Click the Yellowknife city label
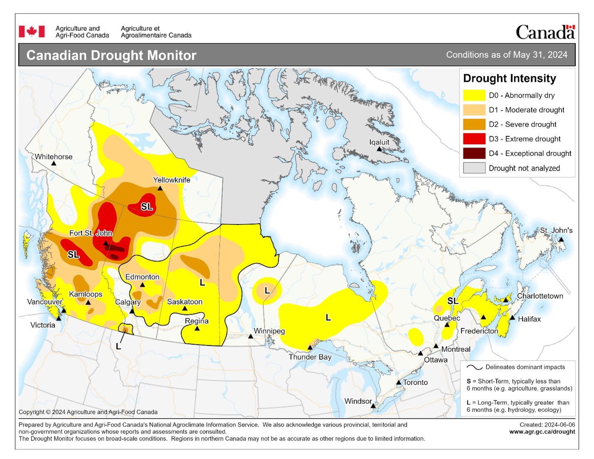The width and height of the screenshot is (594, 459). [x=172, y=180]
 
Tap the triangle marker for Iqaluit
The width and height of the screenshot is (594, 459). [x=379, y=149]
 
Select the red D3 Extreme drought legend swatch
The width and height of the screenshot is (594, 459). [x=474, y=139]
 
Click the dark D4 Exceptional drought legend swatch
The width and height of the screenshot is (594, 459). [x=474, y=153]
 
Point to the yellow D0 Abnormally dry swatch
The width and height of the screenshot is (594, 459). [x=474, y=95]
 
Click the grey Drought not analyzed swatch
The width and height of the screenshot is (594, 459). [x=474, y=168]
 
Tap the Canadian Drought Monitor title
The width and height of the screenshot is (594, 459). [x=111, y=55]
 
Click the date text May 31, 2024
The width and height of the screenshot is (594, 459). [x=540, y=55]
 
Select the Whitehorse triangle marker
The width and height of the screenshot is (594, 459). [x=54, y=163]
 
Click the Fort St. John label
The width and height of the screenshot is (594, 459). [x=91, y=233]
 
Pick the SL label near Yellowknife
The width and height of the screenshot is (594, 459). [x=147, y=206]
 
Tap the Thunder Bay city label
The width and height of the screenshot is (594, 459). [x=310, y=357]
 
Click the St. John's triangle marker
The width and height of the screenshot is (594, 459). [x=561, y=239]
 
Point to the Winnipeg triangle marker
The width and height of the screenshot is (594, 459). [x=250, y=336]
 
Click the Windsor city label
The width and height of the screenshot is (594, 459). [x=358, y=401]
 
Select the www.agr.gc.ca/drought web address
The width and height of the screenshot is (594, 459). [x=542, y=432]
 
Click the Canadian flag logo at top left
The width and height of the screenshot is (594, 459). [x=32, y=32]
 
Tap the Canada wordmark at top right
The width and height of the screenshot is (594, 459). [x=545, y=32]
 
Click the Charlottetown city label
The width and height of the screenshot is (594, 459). [x=540, y=296]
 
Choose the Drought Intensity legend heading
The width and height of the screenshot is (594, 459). [x=509, y=79]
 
